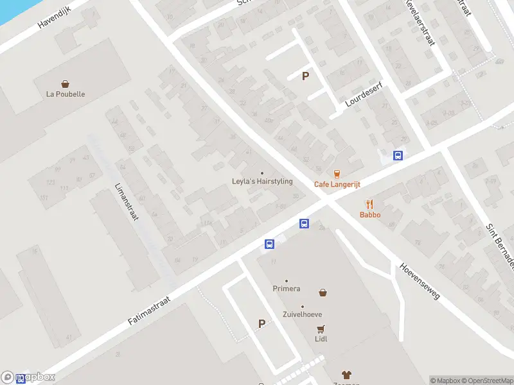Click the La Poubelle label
coord(66,94)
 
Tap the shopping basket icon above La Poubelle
coord(66,83)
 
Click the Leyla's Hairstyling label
coord(262,182)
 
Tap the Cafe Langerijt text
coord(337,184)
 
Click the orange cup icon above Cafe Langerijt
coord(337,173)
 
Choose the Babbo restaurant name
coord(370,215)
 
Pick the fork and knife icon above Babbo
coord(370,205)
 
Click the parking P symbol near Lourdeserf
coord(306,76)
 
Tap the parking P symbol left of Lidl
coord(261,324)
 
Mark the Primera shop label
coord(287,289)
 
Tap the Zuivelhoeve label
coord(303,314)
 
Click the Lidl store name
coord(321,339)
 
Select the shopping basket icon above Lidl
coord(323,293)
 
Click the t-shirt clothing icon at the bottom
coord(347,375)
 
